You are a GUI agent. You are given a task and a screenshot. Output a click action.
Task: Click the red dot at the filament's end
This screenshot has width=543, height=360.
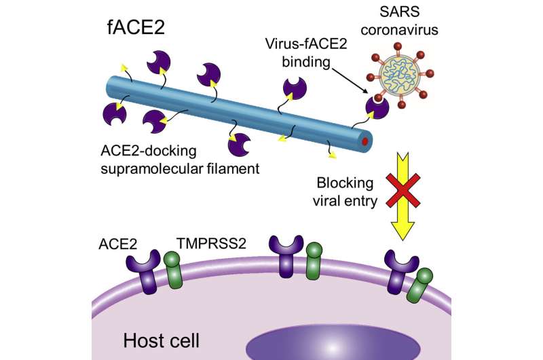[x=365, y=141]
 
